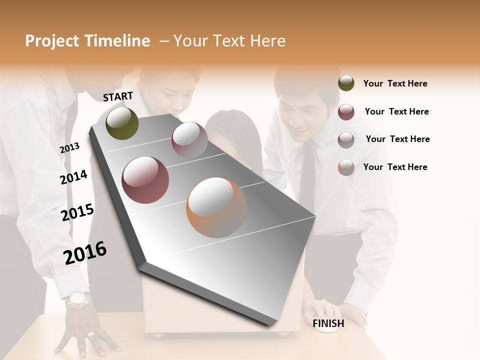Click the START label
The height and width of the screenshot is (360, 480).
[x=118, y=96]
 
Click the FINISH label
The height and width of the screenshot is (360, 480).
[x=328, y=323]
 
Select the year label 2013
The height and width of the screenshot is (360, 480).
[x=69, y=148]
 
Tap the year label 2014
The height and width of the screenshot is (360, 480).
[x=74, y=177]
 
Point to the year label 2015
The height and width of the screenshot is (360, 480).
[x=77, y=212]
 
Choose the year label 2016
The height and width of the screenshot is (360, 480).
[x=85, y=252]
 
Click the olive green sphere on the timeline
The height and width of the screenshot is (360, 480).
[x=122, y=123]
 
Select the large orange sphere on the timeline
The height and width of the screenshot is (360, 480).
[x=216, y=207]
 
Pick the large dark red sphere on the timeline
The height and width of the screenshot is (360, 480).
[x=145, y=180]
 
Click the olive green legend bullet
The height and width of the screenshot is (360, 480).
[x=346, y=83]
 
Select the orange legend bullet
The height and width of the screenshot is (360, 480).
[x=346, y=167]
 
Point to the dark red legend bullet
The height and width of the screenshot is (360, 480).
[x=346, y=112]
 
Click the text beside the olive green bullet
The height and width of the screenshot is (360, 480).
[x=395, y=83]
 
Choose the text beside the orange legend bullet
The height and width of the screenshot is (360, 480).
[x=395, y=167]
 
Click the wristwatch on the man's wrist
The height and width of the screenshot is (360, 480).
[x=79, y=300]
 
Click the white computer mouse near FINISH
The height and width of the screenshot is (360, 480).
[x=327, y=327]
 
